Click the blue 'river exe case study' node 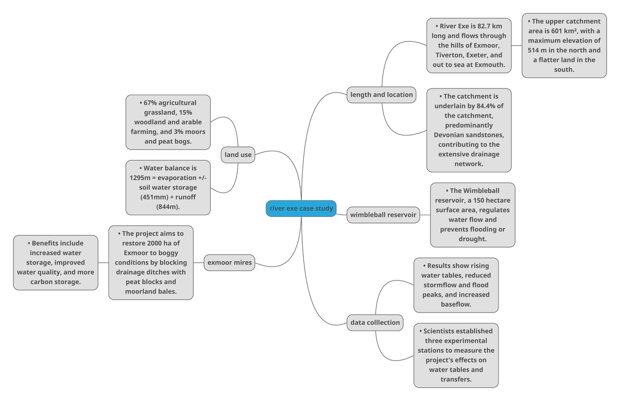coord(301,209)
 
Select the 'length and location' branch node coord(381,95)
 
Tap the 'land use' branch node coord(238,155)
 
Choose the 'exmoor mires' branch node coord(229,262)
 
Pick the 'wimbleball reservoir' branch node coord(383,215)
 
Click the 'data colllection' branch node coord(375,322)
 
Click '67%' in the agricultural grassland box coord(143,103)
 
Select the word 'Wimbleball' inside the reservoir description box coord(481,190)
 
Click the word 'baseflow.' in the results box coord(456,304)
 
